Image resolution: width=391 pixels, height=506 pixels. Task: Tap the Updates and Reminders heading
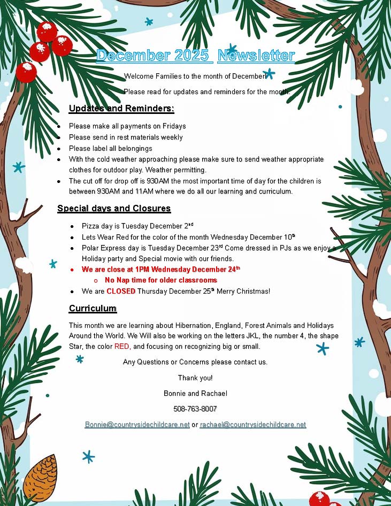tap(121, 109)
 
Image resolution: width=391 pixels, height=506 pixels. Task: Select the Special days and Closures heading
tap(114, 208)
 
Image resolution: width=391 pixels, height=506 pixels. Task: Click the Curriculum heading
tap(93, 308)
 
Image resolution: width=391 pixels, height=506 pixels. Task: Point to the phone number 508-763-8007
tap(195, 409)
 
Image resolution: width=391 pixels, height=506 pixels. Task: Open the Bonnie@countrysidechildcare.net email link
tap(137, 425)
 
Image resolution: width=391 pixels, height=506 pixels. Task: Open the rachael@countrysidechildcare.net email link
tap(253, 425)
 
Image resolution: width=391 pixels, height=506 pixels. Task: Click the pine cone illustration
tap(40, 478)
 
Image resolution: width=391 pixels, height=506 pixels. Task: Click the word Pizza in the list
tap(91, 226)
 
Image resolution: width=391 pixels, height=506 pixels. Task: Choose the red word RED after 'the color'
tap(122, 347)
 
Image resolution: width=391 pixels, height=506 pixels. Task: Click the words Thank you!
tap(195, 378)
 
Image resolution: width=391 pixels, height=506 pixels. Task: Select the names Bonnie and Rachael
tap(195, 393)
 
